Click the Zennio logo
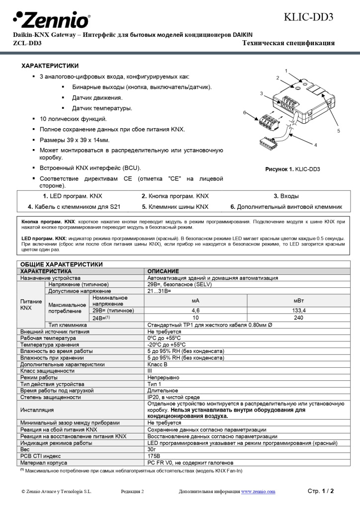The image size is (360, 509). coord(51,20)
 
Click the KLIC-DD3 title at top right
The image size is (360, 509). coord(308,17)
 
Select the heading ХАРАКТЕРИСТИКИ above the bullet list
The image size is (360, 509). coord(50,66)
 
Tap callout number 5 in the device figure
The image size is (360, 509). coord(338,131)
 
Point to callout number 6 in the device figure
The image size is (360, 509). coord(245,113)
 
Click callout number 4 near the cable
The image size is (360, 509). coord(315,145)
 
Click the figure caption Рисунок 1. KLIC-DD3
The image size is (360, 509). coord(292,169)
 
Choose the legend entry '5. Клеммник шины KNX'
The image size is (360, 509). coord(175,207)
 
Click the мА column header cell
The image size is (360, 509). coord(195,301)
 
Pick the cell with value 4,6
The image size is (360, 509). coord(195,310)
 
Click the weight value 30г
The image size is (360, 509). coord(152,449)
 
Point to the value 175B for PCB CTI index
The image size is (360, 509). coord(154,455)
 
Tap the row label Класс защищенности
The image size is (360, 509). coord(47,371)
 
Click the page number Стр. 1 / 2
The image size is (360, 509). coord(321,491)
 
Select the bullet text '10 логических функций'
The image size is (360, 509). coord(73,119)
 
